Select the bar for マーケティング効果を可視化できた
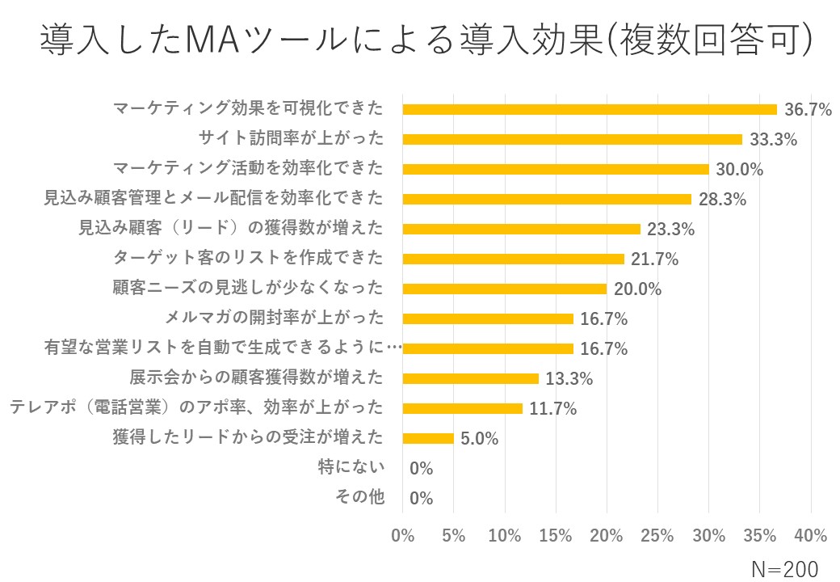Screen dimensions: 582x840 pyautogui.click(x=590, y=109)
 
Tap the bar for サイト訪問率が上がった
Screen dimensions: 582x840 pyautogui.click(x=572, y=139)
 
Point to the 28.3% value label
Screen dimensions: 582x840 pyautogui.click(x=722, y=200)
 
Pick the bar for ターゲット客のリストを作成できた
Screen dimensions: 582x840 pyautogui.click(x=513, y=259)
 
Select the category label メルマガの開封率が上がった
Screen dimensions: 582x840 pyautogui.click(x=274, y=317)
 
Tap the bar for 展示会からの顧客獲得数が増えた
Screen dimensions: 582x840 pyautogui.click(x=470, y=378)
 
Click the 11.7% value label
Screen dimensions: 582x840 pyautogui.click(x=553, y=409)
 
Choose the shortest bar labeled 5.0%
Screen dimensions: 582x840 pyautogui.click(x=428, y=438)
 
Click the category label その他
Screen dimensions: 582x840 pyautogui.click(x=360, y=497)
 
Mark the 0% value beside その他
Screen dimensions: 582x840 pyautogui.click(x=422, y=499)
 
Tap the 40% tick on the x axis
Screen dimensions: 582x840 pyautogui.click(x=811, y=536)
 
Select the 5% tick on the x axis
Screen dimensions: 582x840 pyautogui.click(x=453, y=536)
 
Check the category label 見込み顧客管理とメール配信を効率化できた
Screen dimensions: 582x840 pyautogui.click(x=213, y=199)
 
